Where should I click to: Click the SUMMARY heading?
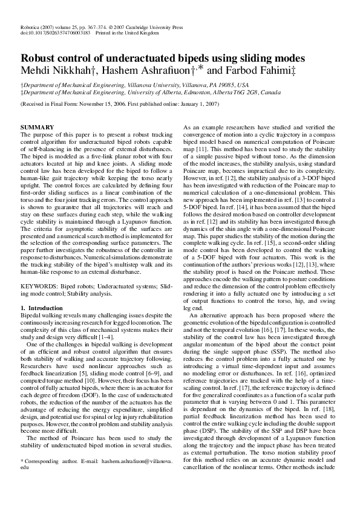point(38,126)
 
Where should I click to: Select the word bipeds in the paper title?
point(195,59)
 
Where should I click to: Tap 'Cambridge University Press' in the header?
point(158,28)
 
